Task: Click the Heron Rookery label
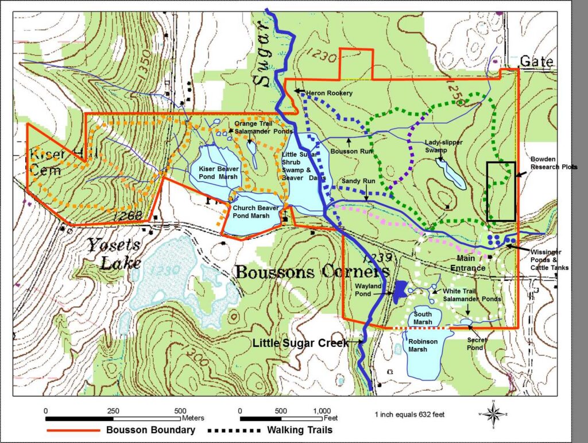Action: click(330, 93)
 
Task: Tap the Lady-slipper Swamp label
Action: click(444, 145)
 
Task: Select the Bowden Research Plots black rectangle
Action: click(501, 191)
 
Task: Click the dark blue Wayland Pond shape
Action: click(400, 291)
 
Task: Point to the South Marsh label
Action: click(423, 318)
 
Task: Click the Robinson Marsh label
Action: click(422, 345)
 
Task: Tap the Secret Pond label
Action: click(477, 344)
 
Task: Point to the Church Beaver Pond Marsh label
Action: click(251, 211)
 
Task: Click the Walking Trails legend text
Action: click(299, 430)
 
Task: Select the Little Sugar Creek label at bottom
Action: click(300, 343)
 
